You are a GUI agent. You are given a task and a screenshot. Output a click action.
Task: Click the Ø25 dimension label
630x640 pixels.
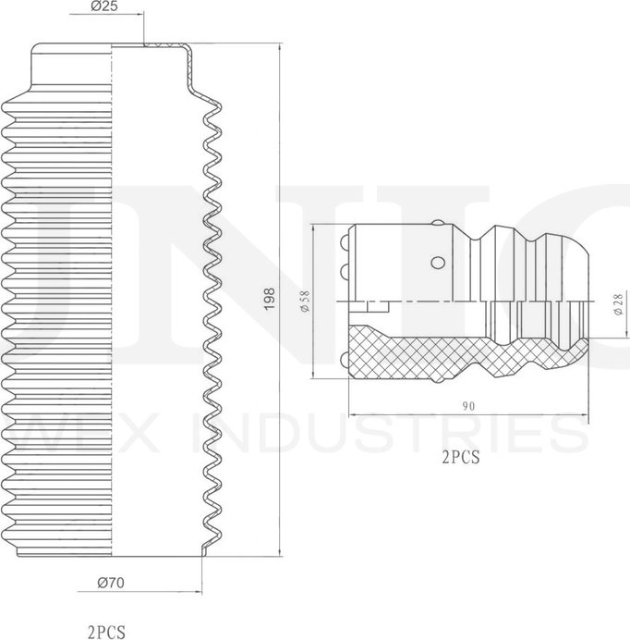click(104, 6)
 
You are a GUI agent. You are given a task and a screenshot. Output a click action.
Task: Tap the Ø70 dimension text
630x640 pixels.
click(111, 583)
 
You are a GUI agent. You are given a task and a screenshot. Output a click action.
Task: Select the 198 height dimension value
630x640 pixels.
click(270, 299)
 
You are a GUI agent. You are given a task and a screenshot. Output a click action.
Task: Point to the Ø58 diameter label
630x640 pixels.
click(305, 302)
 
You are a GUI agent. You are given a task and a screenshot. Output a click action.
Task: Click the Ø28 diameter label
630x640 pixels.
click(619, 305)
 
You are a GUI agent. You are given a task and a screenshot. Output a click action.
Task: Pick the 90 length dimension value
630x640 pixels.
click(468, 406)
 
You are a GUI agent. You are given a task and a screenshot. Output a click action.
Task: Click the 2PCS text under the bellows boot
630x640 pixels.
click(106, 632)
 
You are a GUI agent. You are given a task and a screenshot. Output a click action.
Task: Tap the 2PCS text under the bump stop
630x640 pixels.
click(461, 457)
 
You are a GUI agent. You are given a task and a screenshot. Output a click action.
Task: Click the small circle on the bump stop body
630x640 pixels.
click(438, 262)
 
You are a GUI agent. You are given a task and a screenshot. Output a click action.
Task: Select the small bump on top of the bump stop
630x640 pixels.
click(439, 223)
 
